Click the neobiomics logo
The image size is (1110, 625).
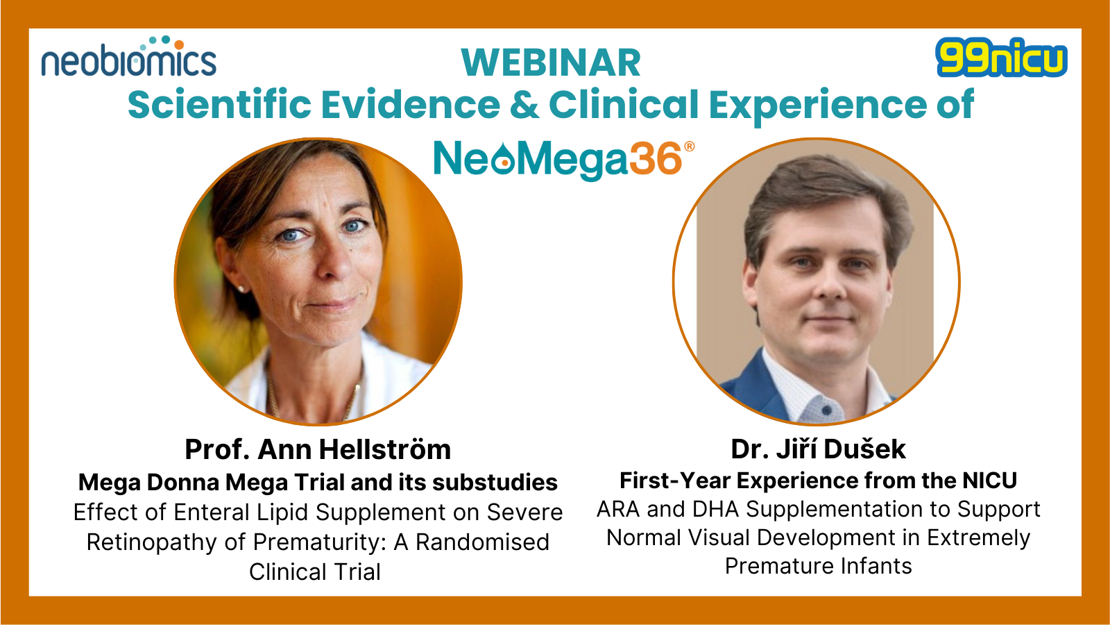[x=129, y=56]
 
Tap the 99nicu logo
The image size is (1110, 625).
[x=1002, y=58]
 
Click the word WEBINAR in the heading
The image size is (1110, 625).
[x=551, y=63]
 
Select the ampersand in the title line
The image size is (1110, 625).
[x=525, y=104]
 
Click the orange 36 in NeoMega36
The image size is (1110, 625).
[x=656, y=159]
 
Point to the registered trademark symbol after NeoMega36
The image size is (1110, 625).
[x=690, y=147]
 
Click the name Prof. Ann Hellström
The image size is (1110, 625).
[x=318, y=449]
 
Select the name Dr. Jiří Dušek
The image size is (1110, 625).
[x=818, y=449]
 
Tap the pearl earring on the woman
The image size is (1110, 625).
[x=241, y=289]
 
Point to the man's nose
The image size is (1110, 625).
[x=829, y=283]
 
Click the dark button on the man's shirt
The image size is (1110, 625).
[x=826, y=410]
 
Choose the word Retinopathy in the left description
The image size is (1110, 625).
[x=151, y=542]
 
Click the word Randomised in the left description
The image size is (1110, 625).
[x=482, y=542]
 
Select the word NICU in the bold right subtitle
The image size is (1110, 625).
[x=989, y=480]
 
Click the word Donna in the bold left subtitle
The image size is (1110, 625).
[x=182, y=482]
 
